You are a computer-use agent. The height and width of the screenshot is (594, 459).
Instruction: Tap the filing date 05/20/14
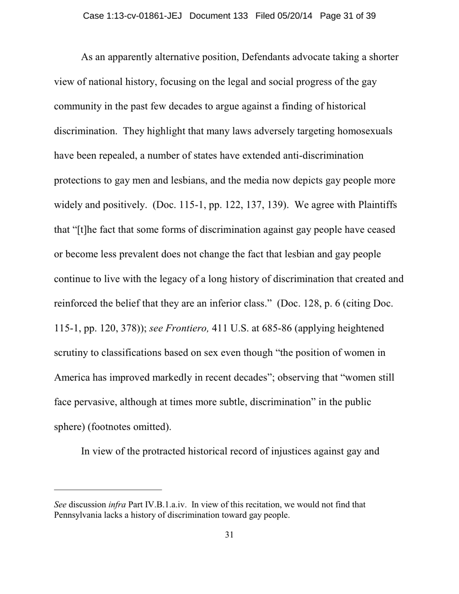coord(295,16)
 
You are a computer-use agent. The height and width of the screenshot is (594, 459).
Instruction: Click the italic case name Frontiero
coord(187,328)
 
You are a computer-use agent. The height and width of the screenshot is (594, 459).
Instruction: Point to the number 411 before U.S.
coord(220,328)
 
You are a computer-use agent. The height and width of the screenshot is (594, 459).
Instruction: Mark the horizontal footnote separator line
coord(108,489)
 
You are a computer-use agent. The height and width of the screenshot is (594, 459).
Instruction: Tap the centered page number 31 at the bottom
coord(229,535)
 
